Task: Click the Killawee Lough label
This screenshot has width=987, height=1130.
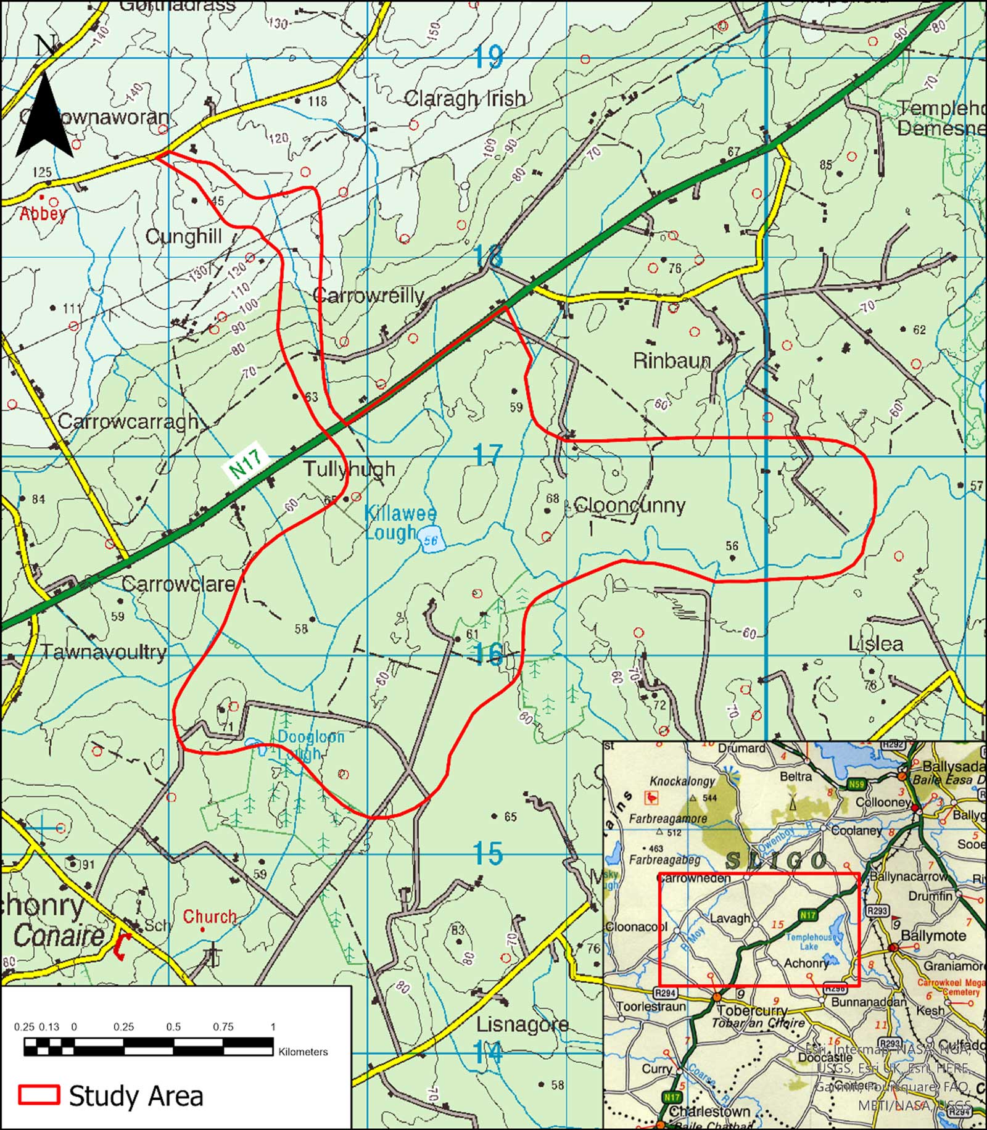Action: pyautogui.click(x=400, y=522)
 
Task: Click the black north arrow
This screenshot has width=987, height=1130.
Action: pyautogui.click(x=44, y=114)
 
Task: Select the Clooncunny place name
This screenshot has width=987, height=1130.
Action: pyautogui.click(x=629, y=505)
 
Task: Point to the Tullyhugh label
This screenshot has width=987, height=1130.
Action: pyautogui.click(x=349, y=469)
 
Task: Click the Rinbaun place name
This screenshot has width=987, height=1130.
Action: pyautogui.click(x=672, y=361)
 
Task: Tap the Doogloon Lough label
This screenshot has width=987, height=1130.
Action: pyautogui.click(x=302, y=744)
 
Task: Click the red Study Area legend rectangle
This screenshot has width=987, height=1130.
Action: pyautogui.click(x=39, y=1094)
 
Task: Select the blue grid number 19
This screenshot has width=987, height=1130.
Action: pyautogui.click(x=489, y=57)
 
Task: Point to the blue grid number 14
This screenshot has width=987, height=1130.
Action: pyautogui.click(x=489, y=1052)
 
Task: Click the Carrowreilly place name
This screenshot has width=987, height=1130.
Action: pyautogui.click(x=368, y=295)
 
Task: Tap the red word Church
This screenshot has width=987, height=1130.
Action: pyautogui.click(x=209, y=917)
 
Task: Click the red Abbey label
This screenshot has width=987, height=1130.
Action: pyautogui.click(x=43, y=214)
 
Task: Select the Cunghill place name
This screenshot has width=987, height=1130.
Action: pyautogui.click(x=183, y=237)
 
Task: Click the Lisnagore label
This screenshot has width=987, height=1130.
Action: pyautogui.click(x=522, y=1024)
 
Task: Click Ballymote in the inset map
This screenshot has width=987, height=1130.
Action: pyautogui.click(x=933, y=936)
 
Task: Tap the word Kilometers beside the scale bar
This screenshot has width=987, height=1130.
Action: pyautogui.click(x=303, y=1052)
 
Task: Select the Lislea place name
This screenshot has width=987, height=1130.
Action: pyautogui.click(x=875, y=644)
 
